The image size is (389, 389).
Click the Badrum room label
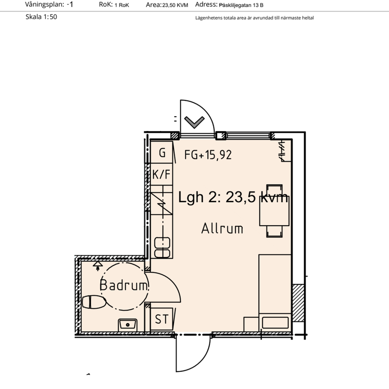[x=123, y=285]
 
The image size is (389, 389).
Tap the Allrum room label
[x=222, y=228]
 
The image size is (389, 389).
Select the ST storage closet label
[x=161, y=319]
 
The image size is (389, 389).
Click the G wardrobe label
[x=162, y=153]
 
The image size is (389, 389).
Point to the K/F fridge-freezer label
[x=162, y=174]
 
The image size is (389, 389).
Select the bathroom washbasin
[x=128, y=324]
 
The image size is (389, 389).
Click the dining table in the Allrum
[x=274, y=210]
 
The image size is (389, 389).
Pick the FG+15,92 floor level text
[x=208, y=155]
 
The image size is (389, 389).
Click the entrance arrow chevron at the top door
[x=194, y=122]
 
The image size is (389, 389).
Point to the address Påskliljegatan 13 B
[x=241, y=5]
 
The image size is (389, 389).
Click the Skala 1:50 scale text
[x=41, y=17]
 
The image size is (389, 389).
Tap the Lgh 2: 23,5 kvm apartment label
[x=233, y=197]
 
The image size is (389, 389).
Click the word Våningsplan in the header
[x=43, y=5]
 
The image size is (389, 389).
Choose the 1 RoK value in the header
[x=122, y=5]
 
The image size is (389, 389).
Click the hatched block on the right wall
[x=299, y=303]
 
